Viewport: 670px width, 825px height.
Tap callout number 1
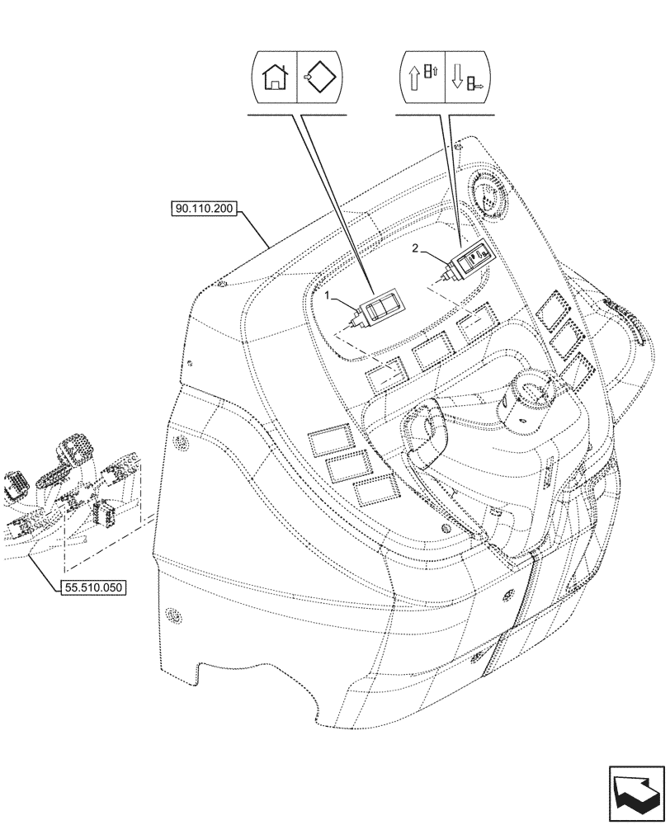[328, 295]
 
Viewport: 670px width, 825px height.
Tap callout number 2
[417, 247]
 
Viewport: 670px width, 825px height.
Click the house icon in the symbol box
[274, 80]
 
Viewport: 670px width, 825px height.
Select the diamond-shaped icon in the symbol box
[318, 80]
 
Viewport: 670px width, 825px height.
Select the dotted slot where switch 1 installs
[386, 375]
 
